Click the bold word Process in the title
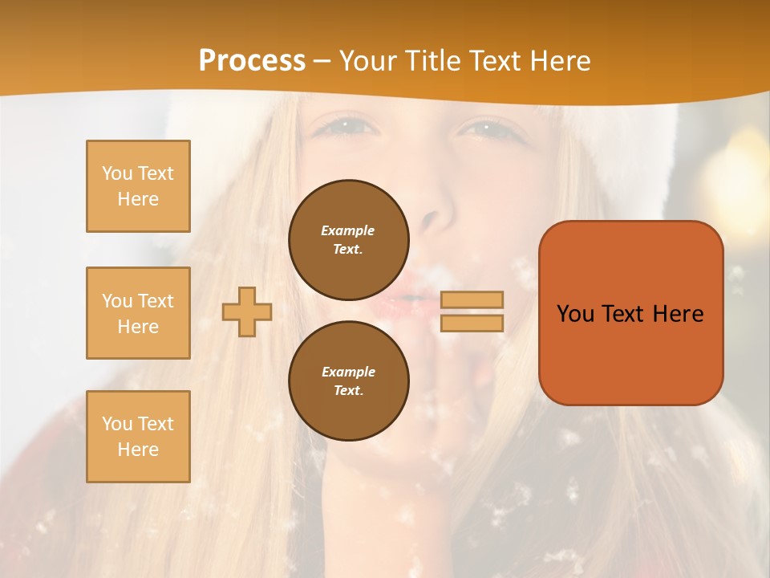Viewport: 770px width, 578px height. pos(252,60)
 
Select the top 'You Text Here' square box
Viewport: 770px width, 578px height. pos(138,186)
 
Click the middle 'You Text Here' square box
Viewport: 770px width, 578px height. pos(138,313)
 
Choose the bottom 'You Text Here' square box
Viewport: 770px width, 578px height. pos(138,436)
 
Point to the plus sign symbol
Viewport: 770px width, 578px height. pos(247,311)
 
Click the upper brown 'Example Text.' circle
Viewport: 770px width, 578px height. pos(348,240)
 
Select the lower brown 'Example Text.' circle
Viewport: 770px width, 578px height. pos(348,381)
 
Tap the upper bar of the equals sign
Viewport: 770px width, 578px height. pos(472,300)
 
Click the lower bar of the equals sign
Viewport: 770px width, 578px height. pos(472,323)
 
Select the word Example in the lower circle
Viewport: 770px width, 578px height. pos(348,372)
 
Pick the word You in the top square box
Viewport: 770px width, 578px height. pos(116,173)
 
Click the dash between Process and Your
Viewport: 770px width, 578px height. pos(322,61)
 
